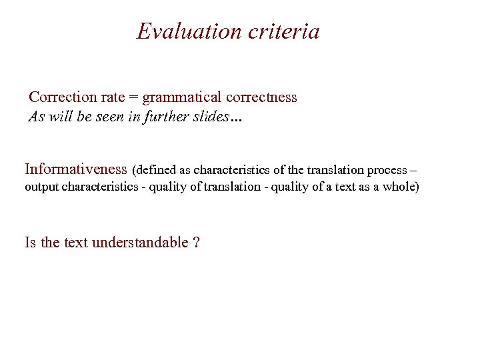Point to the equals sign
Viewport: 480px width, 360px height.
(133, 98)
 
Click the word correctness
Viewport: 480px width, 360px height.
(261, 97)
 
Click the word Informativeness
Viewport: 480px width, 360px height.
(75, 169)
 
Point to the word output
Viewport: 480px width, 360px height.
(41, 187)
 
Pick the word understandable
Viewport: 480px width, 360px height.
(140, 242)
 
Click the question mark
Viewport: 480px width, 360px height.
(196, 242)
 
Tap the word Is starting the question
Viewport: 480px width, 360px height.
(31, 242)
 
